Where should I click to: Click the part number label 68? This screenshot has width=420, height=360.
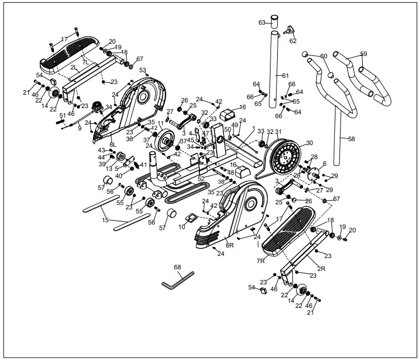(178, 267)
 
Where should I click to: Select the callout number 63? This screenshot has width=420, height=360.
(262, 22)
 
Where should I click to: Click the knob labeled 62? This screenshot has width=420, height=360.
(290, 29)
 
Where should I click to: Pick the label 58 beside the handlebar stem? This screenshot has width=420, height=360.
(351, 138)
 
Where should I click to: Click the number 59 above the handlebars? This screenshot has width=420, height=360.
(363, 54)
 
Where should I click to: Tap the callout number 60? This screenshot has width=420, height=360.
(324, 56)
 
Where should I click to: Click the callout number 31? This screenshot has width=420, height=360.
(278, 132)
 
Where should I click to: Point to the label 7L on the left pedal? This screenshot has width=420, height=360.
(86, 62)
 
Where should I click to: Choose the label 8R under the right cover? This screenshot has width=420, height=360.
(230, 245)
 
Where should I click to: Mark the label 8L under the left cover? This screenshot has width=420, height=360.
(113, 144)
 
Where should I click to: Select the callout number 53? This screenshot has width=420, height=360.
(143, 71)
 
